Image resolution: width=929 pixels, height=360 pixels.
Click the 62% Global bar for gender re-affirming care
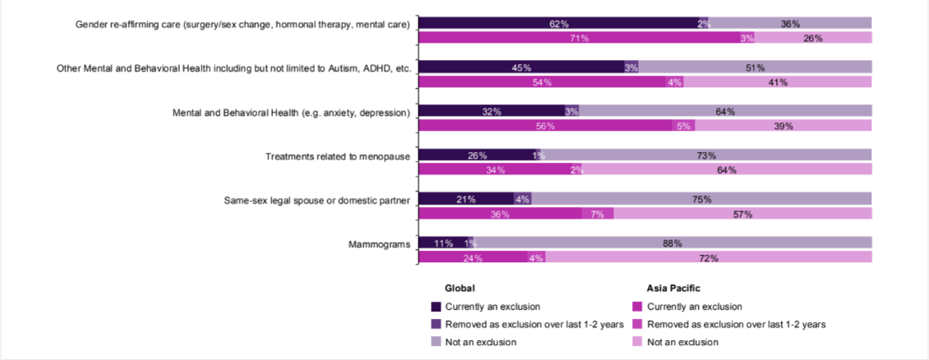pyautogui.click(x=558, y=24)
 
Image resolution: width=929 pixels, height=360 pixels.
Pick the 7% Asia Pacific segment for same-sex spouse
pyautogui.click(x=598, y=214)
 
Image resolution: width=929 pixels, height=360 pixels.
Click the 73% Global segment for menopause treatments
pyautogui.click(x=707, y=155)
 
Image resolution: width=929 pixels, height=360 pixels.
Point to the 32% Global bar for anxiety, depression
pyautogui.click(x=491, y=112)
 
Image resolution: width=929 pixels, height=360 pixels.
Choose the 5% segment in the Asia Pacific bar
pyautogui.click(x=683, y=127)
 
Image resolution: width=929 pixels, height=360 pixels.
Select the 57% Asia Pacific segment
pyautogui.click(x=742, y=214)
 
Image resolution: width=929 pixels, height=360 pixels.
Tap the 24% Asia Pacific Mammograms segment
pyautogui.click(x=473, y=258)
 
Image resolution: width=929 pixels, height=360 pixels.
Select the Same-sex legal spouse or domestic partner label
pyautogui.click(x=317, y=200)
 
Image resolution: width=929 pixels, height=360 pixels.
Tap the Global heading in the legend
pyautogui.click(x=460, y=288)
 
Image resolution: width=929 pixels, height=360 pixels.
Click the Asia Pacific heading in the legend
pyautogui.click(x=673, y=288)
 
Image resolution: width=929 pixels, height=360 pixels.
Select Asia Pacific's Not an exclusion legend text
pyautogui.click(x=682, y=342)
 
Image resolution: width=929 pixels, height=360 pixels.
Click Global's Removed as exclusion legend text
pyautogui.click(x=534, y=324)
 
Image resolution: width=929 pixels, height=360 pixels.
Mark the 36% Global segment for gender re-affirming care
pyautogui.click(x=790, y=24)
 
